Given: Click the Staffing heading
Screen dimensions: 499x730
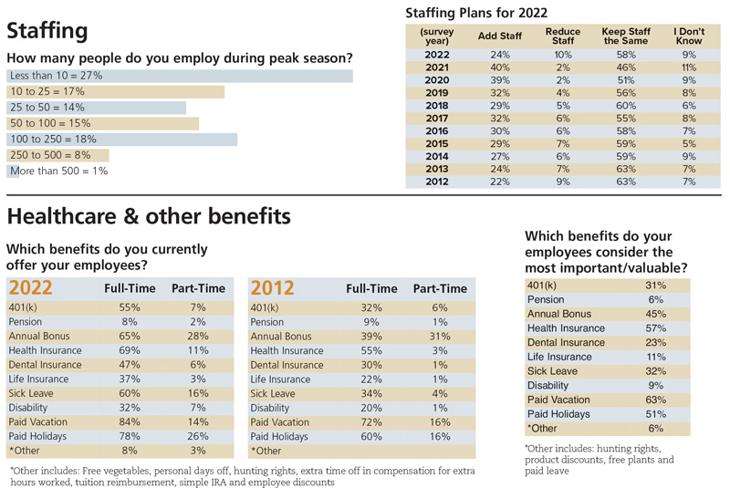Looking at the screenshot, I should click(47, 31).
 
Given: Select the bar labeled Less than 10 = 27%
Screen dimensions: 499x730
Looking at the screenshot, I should click(180, 76).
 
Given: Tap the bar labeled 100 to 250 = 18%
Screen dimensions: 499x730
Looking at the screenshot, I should click(122, 139).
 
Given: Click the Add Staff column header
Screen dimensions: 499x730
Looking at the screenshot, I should click(500, 36).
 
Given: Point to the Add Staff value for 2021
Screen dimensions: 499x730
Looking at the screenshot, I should click(500, 68).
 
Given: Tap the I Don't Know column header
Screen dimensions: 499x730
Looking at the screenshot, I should click(689, 36).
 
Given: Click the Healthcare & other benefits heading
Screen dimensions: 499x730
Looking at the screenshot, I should click(149, 216).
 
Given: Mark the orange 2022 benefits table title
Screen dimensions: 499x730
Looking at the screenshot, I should click(30, 288).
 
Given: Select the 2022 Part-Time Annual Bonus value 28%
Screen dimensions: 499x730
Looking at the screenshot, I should click(198, 336).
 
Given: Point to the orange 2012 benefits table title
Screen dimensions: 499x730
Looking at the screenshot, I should click(272, 288).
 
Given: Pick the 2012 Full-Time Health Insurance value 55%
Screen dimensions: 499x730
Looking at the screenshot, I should click(371, 350).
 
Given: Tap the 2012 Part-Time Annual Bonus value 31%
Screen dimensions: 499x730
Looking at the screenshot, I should click(440, 336).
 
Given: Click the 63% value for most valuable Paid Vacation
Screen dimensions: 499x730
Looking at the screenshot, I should click(654, 400).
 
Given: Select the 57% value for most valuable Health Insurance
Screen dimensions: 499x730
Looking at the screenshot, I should click(654, 327).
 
